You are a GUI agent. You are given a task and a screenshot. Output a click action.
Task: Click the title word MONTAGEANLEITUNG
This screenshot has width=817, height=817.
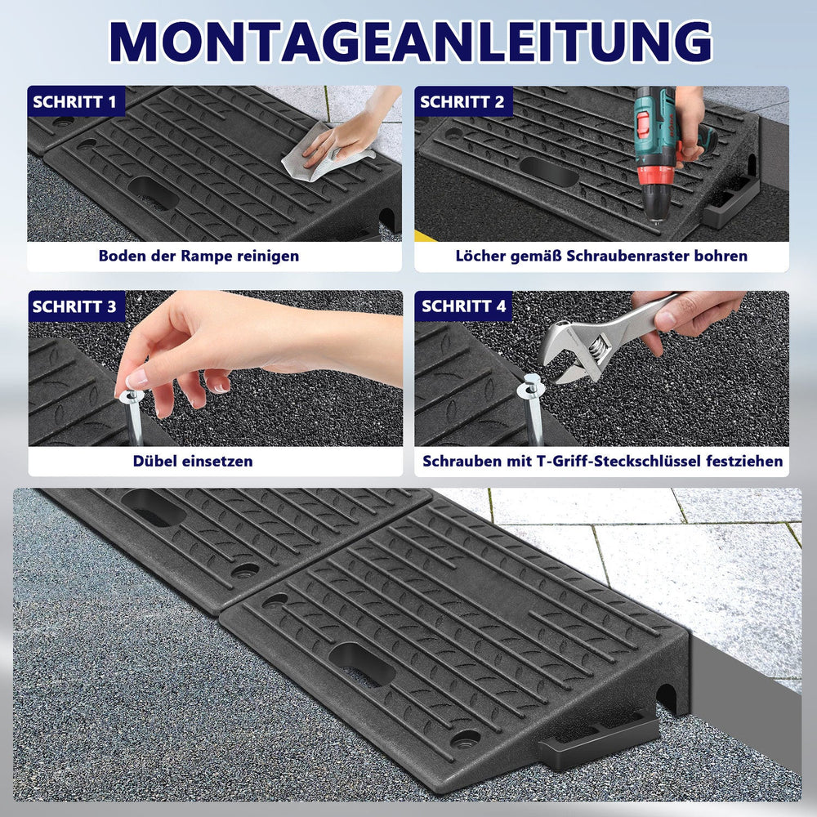[x=411, y=42]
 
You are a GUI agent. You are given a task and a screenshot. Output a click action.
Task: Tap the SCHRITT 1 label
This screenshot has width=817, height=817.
[x=74, y=101]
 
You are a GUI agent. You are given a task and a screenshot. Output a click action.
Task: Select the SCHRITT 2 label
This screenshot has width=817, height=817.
[x=462, y=101]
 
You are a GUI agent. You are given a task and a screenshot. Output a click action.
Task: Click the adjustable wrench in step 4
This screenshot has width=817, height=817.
[x=605, y=339]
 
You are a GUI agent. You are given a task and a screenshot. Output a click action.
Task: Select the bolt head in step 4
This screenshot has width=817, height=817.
[x=532, y=386]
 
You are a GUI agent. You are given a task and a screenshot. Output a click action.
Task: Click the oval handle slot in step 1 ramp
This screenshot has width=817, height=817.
[x=154, y=193]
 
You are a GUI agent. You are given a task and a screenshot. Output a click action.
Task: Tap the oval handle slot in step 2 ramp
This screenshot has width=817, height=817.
[x=549, y=172]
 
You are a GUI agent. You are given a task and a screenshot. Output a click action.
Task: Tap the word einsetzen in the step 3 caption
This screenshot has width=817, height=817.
[x=219, y=461]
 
